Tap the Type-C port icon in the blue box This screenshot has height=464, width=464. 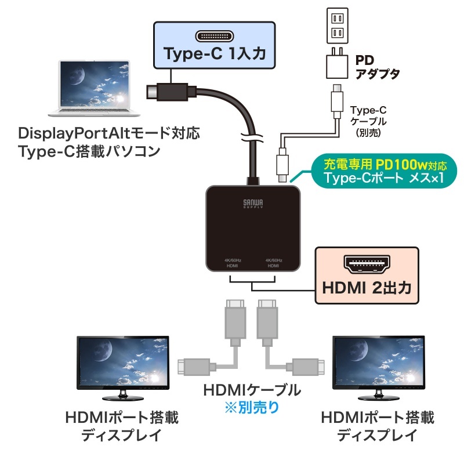coord(214,37)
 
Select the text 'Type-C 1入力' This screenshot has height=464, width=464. coord(214,55)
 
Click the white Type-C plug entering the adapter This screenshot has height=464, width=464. coord(282,164)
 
